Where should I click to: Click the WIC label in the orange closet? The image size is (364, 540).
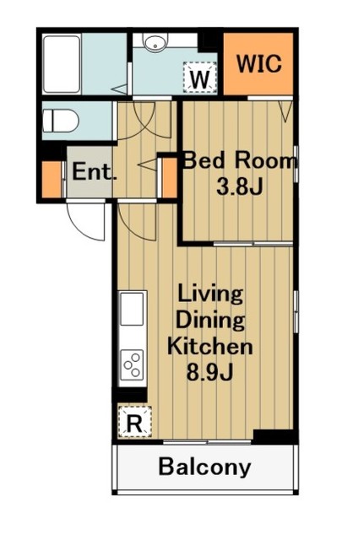(x=259, y=64)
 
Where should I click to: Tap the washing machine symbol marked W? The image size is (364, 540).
(x=200, y=77)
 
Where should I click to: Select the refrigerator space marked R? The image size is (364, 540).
(x=135, y=422)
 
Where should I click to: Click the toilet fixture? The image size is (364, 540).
(x=61, y=121)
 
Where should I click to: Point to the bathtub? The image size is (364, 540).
(x=62, y=64)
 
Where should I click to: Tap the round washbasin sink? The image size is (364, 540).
(x=155, y=43)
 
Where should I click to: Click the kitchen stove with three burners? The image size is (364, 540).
(x=133, y=365)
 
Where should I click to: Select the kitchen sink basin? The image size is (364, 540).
(x=132, y=309)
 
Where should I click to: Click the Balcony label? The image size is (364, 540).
(x=204, y=467)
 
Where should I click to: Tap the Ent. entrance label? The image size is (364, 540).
(x=93, y=171)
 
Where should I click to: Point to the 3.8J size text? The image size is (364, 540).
(x=239, y=186)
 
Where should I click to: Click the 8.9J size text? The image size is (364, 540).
(x=210, y=371)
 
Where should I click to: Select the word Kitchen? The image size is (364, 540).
(x=210, y=346)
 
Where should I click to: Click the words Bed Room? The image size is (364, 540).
(x=239, y=161)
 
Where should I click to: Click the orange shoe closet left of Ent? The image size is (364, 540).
(x=52, y=179)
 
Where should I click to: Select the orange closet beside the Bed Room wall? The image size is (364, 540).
(x=170, y=177)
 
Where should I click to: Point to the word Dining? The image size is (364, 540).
(x=210, y=321)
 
